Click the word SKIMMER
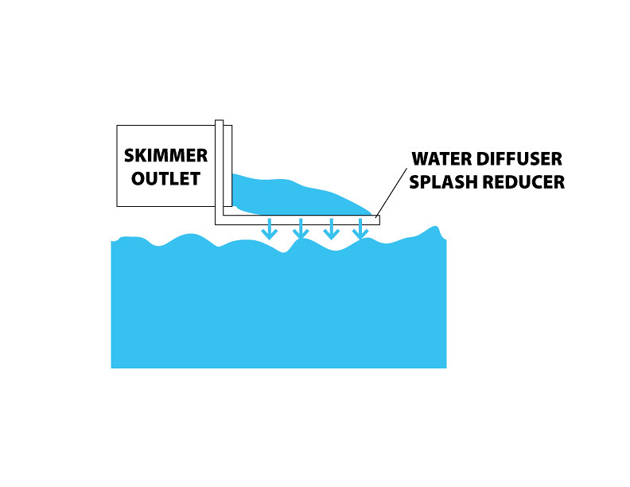tap(165, 154)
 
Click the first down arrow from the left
tap(270, 229)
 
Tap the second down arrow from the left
tap(300, 229)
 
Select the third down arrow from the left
tap(331, 229)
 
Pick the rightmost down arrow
tap(360, 229)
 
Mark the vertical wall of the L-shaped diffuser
tap(219, 171)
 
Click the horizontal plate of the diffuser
tap(302, 220)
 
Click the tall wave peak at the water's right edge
tap(435, 232)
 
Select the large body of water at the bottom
tap(278, 310)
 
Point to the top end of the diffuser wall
tap(219, 123)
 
